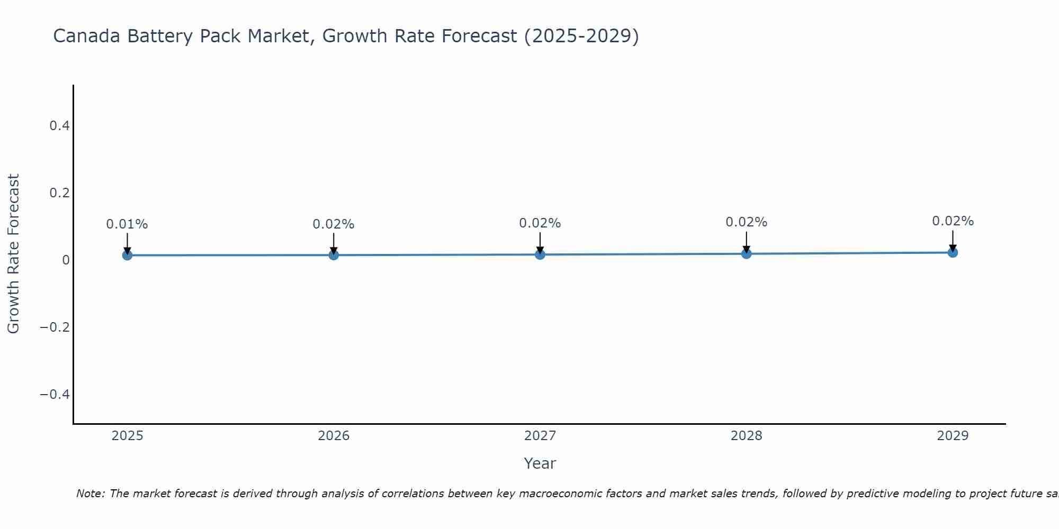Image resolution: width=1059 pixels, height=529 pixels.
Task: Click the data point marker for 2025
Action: [127, 255]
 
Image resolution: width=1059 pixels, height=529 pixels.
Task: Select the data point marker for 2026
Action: [334, 255]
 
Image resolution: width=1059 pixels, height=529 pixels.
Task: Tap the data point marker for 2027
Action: [540, 254]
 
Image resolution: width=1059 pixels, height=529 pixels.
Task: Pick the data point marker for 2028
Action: [746, 253]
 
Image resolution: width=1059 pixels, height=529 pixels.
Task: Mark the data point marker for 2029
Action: [953, 252]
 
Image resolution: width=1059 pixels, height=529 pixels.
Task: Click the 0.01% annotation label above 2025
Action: [127, 224]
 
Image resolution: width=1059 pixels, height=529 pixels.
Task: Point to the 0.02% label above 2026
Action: [334, 224]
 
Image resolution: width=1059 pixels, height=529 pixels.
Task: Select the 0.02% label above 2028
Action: [746, 222]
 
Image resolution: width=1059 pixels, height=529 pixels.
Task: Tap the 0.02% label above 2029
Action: [953, 221]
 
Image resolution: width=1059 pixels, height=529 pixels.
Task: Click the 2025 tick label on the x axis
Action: [127, 436]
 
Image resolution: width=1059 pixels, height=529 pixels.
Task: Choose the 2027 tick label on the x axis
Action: [540, 436]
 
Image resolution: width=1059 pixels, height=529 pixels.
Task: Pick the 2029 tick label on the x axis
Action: [953, 436]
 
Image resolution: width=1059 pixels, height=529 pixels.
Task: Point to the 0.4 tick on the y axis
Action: [59, 126]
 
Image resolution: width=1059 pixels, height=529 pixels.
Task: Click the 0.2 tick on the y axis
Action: [59, 193]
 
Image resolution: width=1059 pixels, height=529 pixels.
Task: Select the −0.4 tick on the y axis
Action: [55, 395]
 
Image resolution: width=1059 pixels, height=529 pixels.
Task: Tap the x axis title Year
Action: [540, 463]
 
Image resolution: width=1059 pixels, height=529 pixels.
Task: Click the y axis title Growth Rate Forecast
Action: [13, 254]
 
